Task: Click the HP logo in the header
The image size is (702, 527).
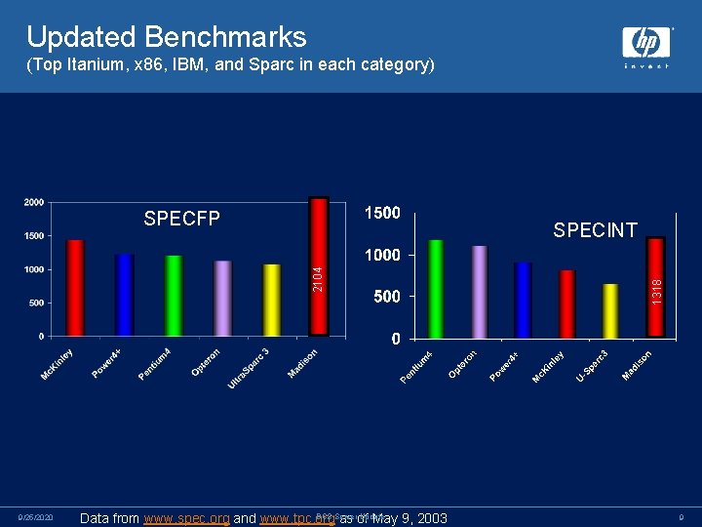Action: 646,43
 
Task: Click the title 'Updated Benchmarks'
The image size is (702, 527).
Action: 167,36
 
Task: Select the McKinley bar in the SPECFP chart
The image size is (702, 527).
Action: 75,287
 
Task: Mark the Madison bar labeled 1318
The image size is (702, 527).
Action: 655,287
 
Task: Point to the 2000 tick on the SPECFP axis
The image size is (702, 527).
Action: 33,202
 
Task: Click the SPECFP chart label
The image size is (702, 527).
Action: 182,218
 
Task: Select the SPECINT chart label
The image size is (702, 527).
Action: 595,230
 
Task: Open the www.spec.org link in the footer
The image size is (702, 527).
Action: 186,518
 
